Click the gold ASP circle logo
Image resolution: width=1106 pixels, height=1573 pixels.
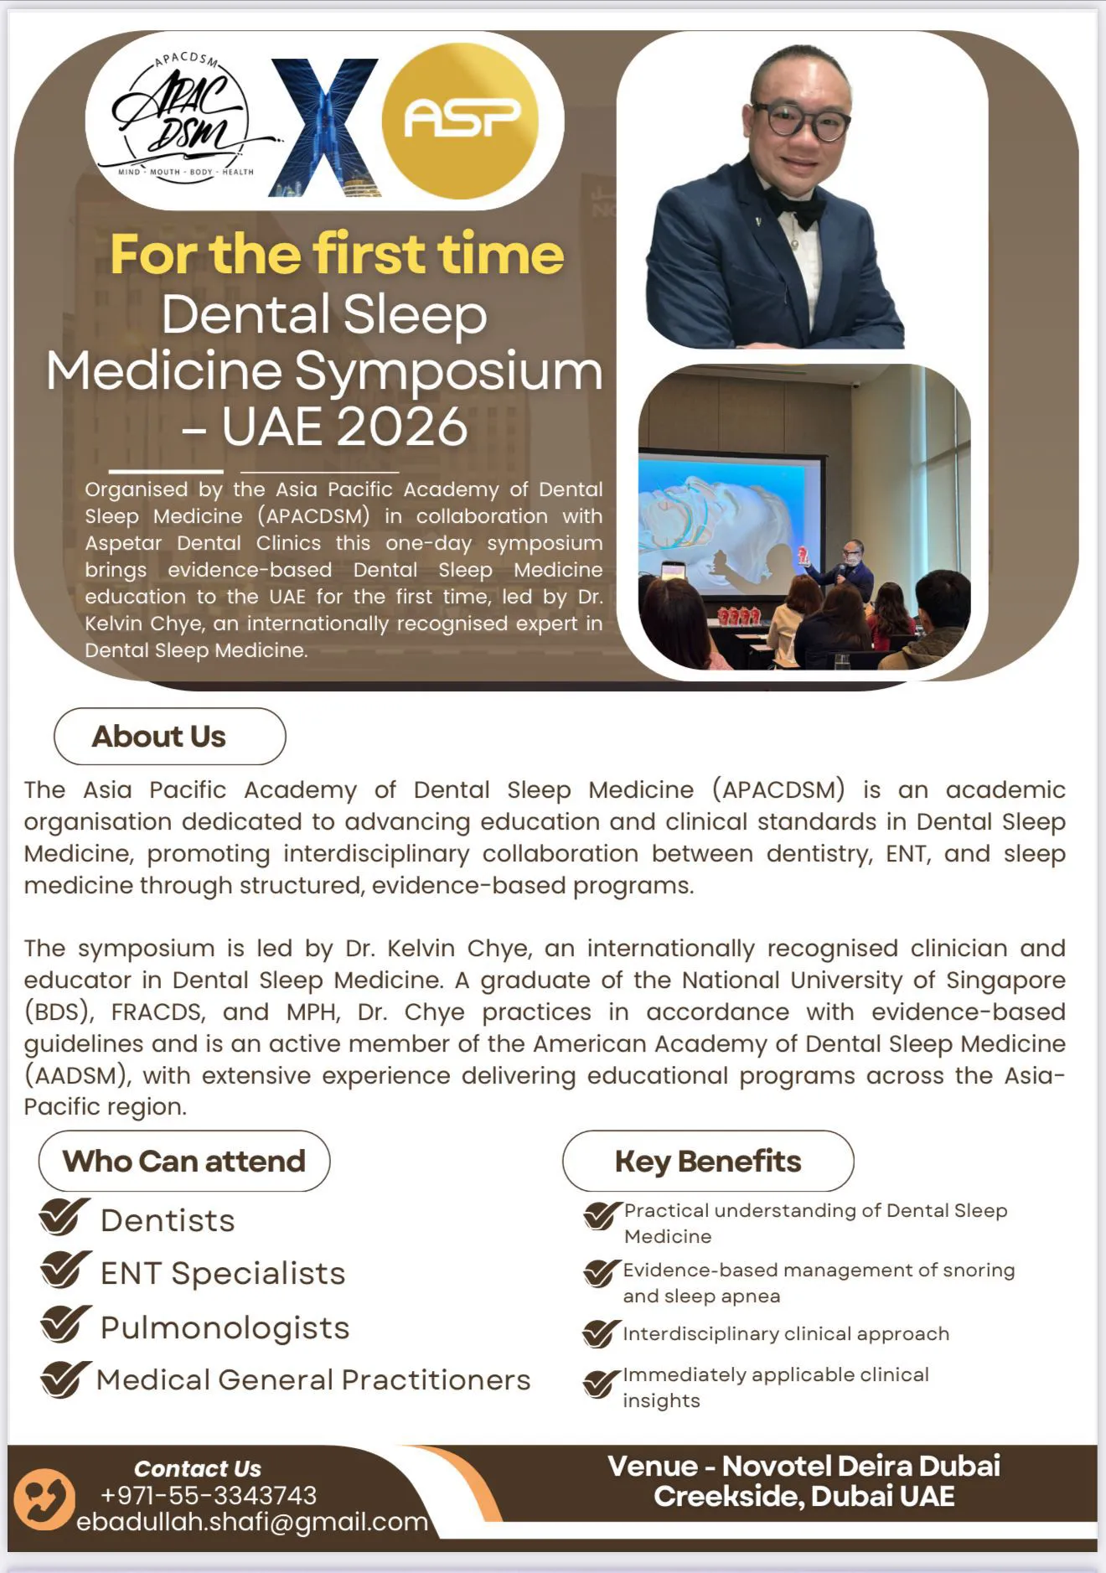point(460,121)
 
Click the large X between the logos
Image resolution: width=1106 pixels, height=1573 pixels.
point(325,127)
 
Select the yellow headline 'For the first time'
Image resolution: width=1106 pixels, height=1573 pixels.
point(337,254)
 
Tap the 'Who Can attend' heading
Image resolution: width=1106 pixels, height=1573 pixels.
point(184,1162)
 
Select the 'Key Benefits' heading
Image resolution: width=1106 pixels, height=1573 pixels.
point(708,1162)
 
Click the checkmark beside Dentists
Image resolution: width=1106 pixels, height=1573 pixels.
point(64,1218)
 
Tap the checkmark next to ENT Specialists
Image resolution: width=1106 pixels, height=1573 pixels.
point(65,1270)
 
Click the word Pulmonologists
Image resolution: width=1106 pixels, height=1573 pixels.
point(225,1327)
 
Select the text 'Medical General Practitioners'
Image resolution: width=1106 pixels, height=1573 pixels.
point(313,1380)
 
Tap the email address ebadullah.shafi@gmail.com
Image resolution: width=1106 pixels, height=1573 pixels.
point(252,1522)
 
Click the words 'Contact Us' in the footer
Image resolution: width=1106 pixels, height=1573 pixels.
point(198,1469)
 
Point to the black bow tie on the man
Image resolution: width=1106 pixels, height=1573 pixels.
point(794,206)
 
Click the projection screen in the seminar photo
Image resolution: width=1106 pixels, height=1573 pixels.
point(727,515)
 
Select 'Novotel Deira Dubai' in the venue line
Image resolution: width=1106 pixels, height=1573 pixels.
point(861,1467)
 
